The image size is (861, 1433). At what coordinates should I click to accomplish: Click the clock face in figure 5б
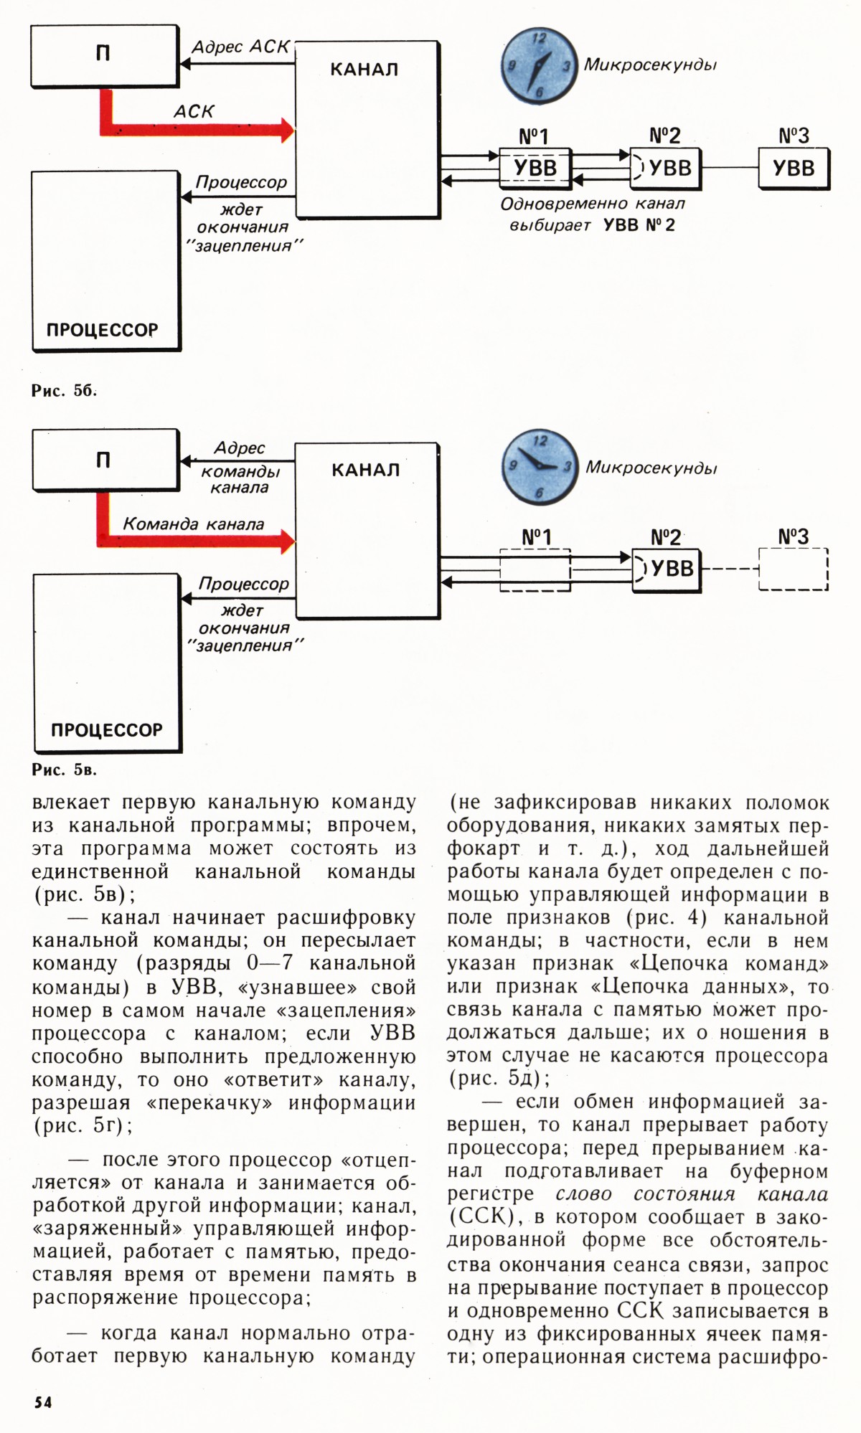[538, 67]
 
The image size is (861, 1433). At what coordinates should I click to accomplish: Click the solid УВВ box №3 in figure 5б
[794, 169]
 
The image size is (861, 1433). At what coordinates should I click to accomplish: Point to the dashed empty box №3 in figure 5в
[793, 569]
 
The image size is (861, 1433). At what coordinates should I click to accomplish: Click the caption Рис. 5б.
[64, 391]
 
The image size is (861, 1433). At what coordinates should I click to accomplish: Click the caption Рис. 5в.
[64, 770]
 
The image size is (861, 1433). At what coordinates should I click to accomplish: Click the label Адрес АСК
[240, 47]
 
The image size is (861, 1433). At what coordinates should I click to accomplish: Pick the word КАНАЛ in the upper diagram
[364, 70]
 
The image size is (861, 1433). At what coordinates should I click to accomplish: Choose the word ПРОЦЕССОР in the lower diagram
[106, 730]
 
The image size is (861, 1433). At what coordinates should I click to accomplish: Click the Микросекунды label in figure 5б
[650, 65]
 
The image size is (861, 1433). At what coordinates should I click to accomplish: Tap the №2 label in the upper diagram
[665, 136]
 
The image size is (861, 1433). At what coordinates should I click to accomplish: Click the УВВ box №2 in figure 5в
[666, 569]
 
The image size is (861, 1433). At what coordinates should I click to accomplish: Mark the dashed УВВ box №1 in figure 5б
[535, 169]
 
